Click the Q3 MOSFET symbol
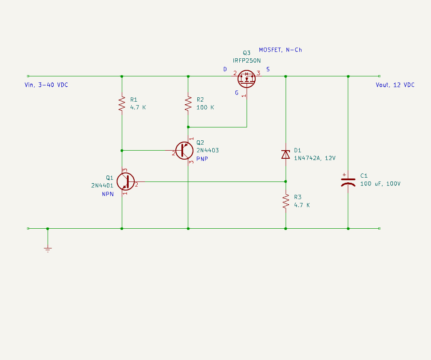[247, 78]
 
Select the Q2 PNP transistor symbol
[184, 151]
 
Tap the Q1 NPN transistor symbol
[127, 182]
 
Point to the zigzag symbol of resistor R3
[286, 201]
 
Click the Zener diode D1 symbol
[286, 154]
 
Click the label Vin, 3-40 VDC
[46, 85]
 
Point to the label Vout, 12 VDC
[395, 85]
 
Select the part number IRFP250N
[247, 61]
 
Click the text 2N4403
[208, 151]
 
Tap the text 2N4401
[102, 185]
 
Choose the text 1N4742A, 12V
[315, 158]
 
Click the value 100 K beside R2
[205, 107]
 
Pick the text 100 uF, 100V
[380, 184]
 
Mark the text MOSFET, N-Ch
[280, 50]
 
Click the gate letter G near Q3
[236, 93]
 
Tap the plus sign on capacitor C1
[344, 175]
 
